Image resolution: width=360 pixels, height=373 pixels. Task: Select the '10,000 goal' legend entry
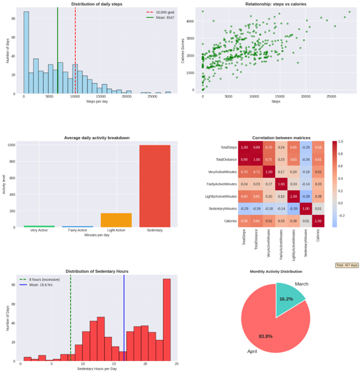pos(162,12)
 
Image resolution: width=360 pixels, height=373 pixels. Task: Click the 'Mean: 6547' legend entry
pos(162,17)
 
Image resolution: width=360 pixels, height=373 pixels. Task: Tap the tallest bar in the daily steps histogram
pos(26,53)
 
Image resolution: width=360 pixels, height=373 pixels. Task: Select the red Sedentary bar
pos(155,186)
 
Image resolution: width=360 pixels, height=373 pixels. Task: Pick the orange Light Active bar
pos(116,220)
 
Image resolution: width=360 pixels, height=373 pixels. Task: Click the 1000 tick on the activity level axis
pos(12,145)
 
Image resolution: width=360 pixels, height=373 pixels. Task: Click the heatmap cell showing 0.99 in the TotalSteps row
pos(256,148)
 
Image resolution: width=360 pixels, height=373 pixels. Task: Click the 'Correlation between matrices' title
pos(281,137)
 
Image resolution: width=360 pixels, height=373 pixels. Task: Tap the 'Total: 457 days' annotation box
pos(346,265)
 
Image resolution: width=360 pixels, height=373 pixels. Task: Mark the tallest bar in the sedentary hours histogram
pos(167,320)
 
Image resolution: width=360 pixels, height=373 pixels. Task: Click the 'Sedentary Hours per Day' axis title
pos(97,368)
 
